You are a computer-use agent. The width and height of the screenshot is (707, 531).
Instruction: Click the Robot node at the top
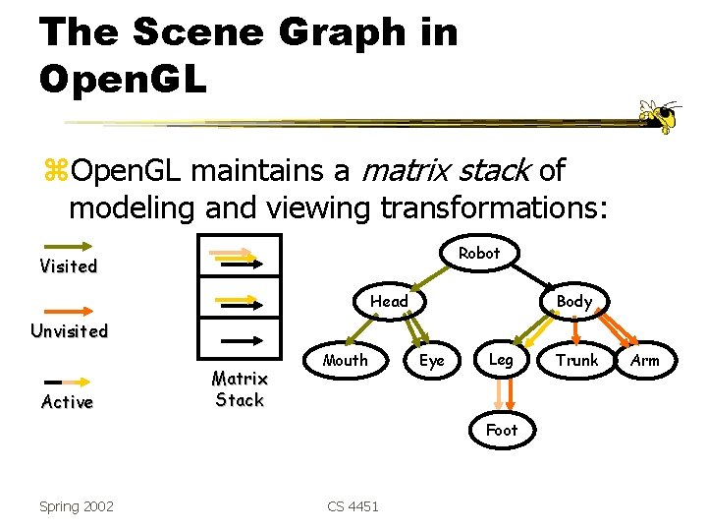pos(479,253)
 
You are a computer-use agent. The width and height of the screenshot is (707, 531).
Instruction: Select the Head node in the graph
pos(389,301)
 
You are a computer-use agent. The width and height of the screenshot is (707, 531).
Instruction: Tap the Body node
pos(573,301)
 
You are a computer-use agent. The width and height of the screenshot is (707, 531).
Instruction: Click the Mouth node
pos(346,360)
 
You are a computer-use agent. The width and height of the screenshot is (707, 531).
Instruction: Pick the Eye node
pos(432,360)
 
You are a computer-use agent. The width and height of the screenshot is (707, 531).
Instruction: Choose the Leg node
pos(501,360)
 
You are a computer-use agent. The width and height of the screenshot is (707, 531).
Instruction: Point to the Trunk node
pos(576,360)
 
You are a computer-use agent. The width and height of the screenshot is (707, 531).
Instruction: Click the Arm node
pos(645,360)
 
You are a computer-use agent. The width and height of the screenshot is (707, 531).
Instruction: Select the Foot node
pos(501,430)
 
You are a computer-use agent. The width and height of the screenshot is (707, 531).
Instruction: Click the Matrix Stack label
pos(240,389)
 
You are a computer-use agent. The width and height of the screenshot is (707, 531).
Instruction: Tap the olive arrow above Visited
pos(67,246)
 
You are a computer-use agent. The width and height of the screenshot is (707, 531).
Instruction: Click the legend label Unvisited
pos(69,330)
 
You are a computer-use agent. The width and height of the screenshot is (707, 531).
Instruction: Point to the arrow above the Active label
pos(67,382)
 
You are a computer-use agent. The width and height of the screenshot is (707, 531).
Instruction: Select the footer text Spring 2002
pos(77,506)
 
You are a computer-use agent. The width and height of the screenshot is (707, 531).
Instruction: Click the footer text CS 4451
pos(353,506)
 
